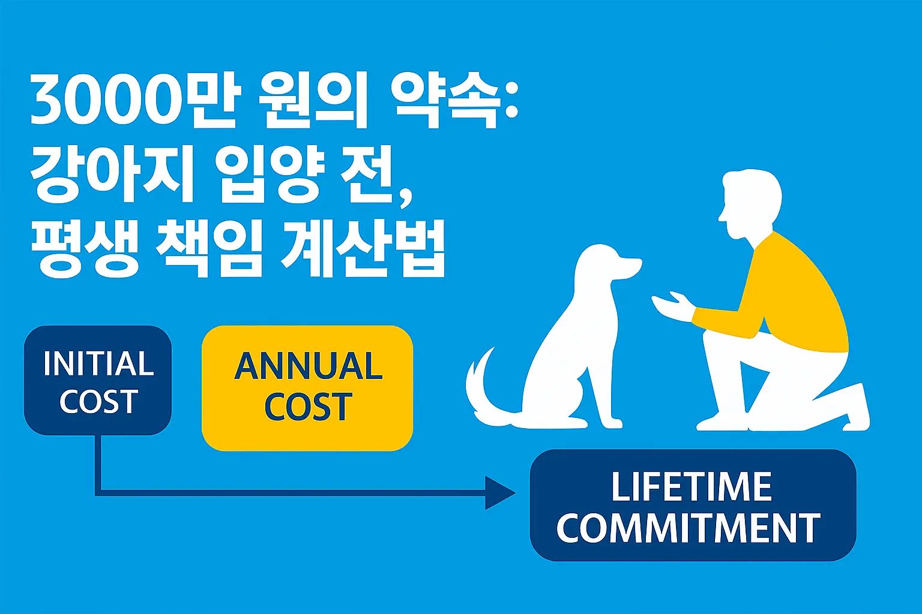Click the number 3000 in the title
(106, 101)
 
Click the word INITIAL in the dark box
(98, 363)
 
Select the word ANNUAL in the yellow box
(308, 366)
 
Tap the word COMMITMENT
(688, 528)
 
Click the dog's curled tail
(484, 390)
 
